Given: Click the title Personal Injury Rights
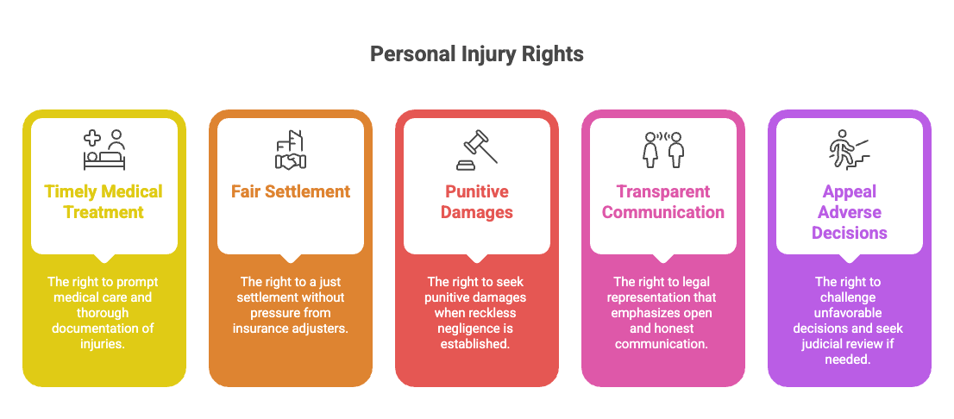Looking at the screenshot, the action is (476, 54).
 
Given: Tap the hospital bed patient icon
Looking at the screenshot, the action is (104, 150).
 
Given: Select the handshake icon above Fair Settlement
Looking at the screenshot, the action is (290, 150).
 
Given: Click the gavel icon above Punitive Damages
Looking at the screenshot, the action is (477, 150).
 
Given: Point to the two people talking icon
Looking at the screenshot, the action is (663, 150).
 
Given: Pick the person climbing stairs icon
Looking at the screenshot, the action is (850, 150).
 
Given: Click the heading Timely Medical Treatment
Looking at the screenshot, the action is (104, 202).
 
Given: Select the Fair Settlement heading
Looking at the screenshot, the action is (290, 191).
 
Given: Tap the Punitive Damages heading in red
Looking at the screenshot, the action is (477, 202).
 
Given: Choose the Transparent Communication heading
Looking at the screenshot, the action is (663, 202).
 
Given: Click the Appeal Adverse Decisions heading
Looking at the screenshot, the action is (850, 212).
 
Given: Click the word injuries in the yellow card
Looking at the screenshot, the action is (104, 344).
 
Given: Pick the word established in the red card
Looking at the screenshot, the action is (476, 344).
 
